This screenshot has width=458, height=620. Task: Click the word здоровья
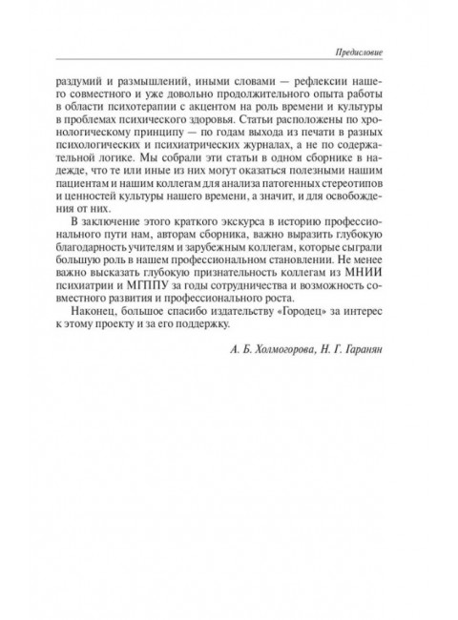coord(228,126)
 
